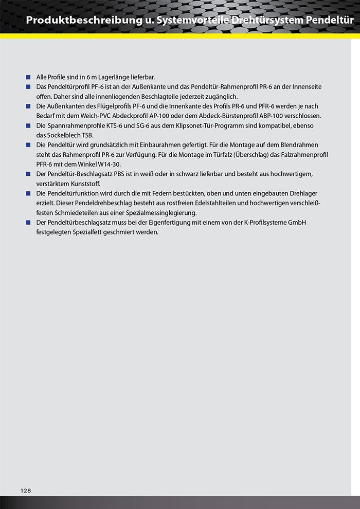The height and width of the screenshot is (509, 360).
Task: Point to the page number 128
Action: [x=26, y=490]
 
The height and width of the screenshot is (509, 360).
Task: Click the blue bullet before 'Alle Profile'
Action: [x=29, y=77]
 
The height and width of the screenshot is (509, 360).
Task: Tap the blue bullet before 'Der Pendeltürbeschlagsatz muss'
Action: [x=29, y=222]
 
